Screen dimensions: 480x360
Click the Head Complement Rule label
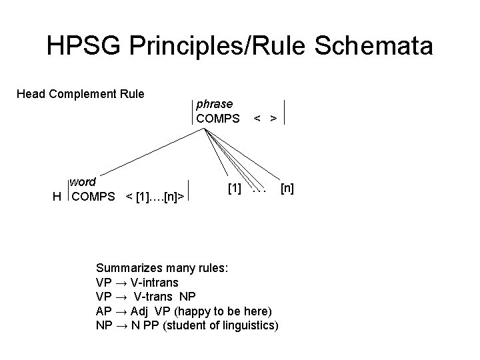tap(80, 94)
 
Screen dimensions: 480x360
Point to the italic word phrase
tap(214, 104)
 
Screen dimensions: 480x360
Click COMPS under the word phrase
tap(217, 119)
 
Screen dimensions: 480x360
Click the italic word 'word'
tap(83, 182)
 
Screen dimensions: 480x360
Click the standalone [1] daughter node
tap(235, 189)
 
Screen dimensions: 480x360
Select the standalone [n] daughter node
tap(287, 189)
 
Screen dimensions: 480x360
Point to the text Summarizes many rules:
tap(163, 268)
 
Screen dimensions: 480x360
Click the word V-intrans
tap(155, 283)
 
